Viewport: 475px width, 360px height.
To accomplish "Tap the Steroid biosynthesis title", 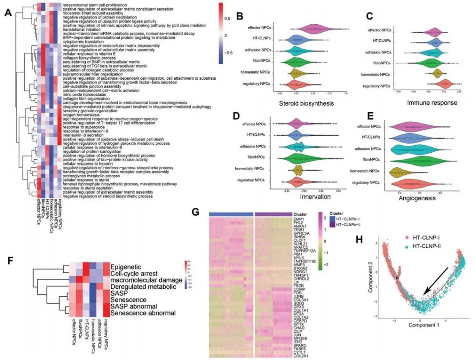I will click(x=306, y=104).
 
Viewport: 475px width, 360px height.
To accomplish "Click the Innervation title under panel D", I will click(x=315, y=197).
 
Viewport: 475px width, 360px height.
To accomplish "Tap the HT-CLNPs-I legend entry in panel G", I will click(x=349, y=219).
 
